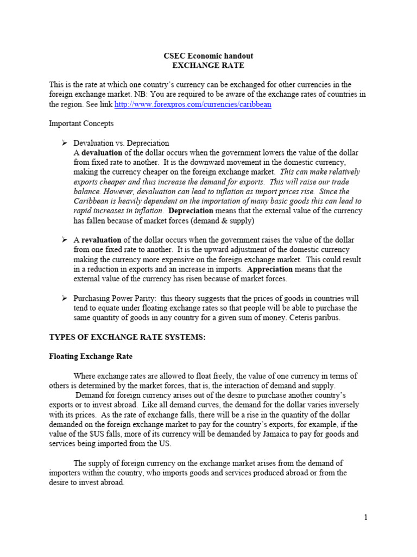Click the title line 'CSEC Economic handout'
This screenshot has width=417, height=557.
(208, 56)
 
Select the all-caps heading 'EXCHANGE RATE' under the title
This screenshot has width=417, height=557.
(208, 65)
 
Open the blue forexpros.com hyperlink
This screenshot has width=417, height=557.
(193, 104)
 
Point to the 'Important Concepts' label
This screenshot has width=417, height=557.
(81, 123)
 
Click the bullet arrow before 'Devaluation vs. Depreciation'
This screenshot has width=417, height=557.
(64, 143)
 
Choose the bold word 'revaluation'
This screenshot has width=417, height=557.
(102, 240)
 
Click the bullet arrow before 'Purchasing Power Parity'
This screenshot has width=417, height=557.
(64, 298)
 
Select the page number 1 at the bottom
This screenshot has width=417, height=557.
(366, 517)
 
